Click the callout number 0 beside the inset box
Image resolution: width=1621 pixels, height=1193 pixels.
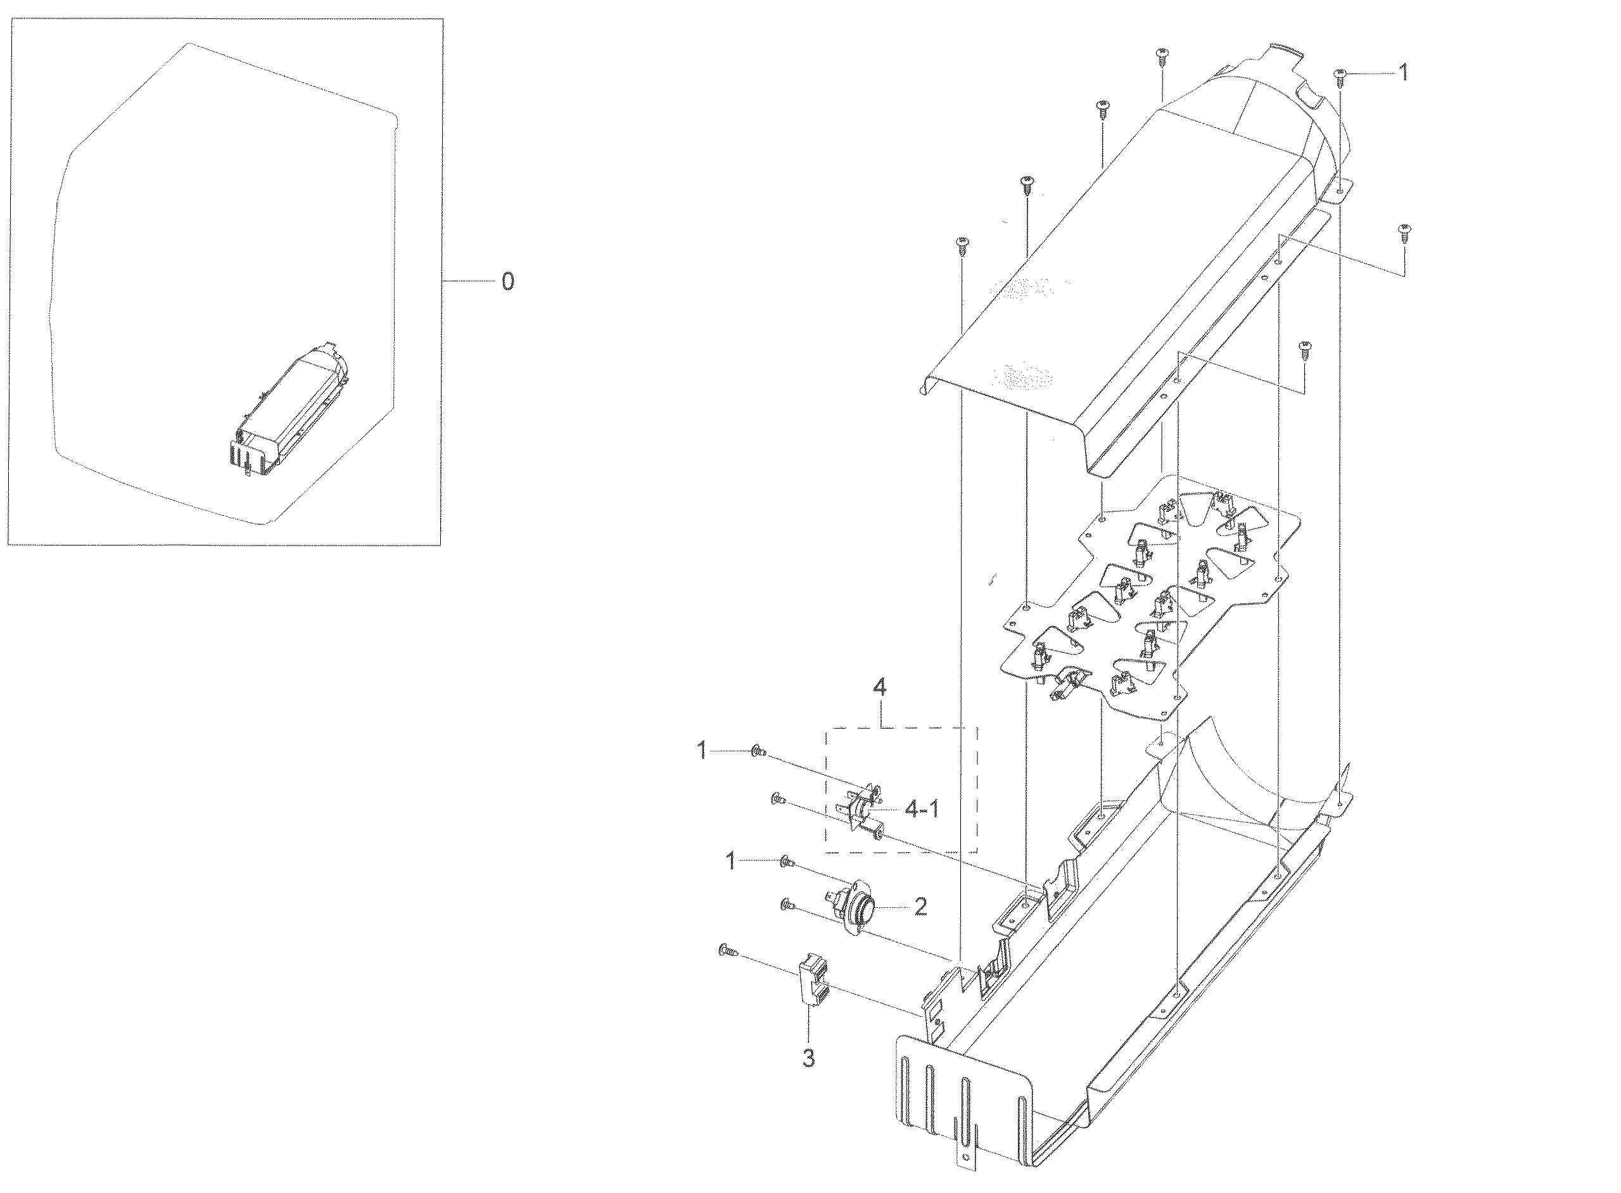point(507,282)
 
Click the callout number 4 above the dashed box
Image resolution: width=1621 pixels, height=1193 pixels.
point(879,688)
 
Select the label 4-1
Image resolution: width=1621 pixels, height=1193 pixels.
point(922,810)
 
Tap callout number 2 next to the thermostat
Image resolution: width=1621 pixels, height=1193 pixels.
point(920,907)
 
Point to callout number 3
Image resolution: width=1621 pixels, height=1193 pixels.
point(809,1058)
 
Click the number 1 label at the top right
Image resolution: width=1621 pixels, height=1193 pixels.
point(1403,72)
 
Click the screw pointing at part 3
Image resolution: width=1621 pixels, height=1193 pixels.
point(727,951)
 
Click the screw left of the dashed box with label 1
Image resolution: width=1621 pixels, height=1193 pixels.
point(758,752)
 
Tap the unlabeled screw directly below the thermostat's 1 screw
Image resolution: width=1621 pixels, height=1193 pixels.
point(788,904)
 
